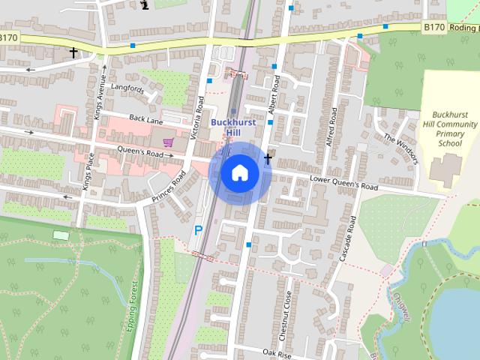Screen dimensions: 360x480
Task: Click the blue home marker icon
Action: [240, 173]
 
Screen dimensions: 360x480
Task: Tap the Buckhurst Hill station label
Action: [235, 127]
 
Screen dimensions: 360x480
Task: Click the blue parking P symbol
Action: [198, 231]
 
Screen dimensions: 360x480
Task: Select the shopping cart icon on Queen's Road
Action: [168, 142]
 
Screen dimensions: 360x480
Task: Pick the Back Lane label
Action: [146, 118]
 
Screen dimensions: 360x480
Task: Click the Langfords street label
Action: [127, 88]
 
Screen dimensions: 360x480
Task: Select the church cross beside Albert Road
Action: [268, 158]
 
